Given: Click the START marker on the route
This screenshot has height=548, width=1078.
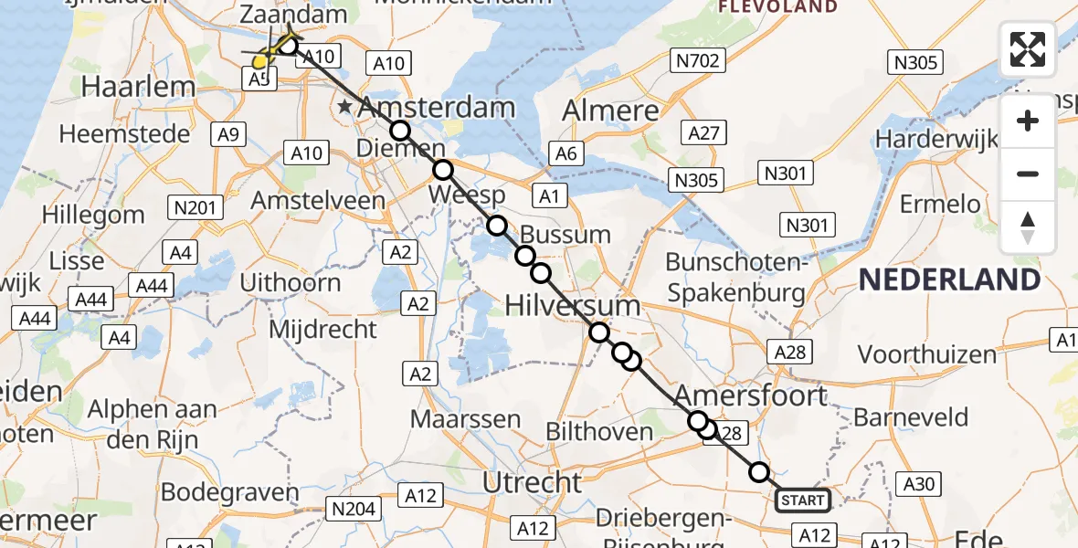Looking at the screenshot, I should coord(803,501).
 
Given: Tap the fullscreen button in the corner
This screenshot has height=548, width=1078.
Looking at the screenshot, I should coord(1028,49).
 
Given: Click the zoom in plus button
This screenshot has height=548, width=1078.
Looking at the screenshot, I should coord(1028,121).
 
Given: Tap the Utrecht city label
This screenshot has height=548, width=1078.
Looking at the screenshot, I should coord(532,481).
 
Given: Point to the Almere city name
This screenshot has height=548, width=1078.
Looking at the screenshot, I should coord(610,111).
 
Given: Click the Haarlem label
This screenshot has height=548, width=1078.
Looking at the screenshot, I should coord(139,88).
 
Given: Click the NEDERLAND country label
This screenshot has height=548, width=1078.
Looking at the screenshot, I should coord(950,279).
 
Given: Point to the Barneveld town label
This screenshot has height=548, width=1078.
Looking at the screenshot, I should coord(911,418).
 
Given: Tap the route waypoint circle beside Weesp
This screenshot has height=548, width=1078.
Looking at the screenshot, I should coord(443,170).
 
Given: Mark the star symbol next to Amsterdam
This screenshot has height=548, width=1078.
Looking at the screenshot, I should coord(344,108).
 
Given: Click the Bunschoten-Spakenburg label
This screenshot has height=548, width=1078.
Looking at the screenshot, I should coord(736,278).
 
